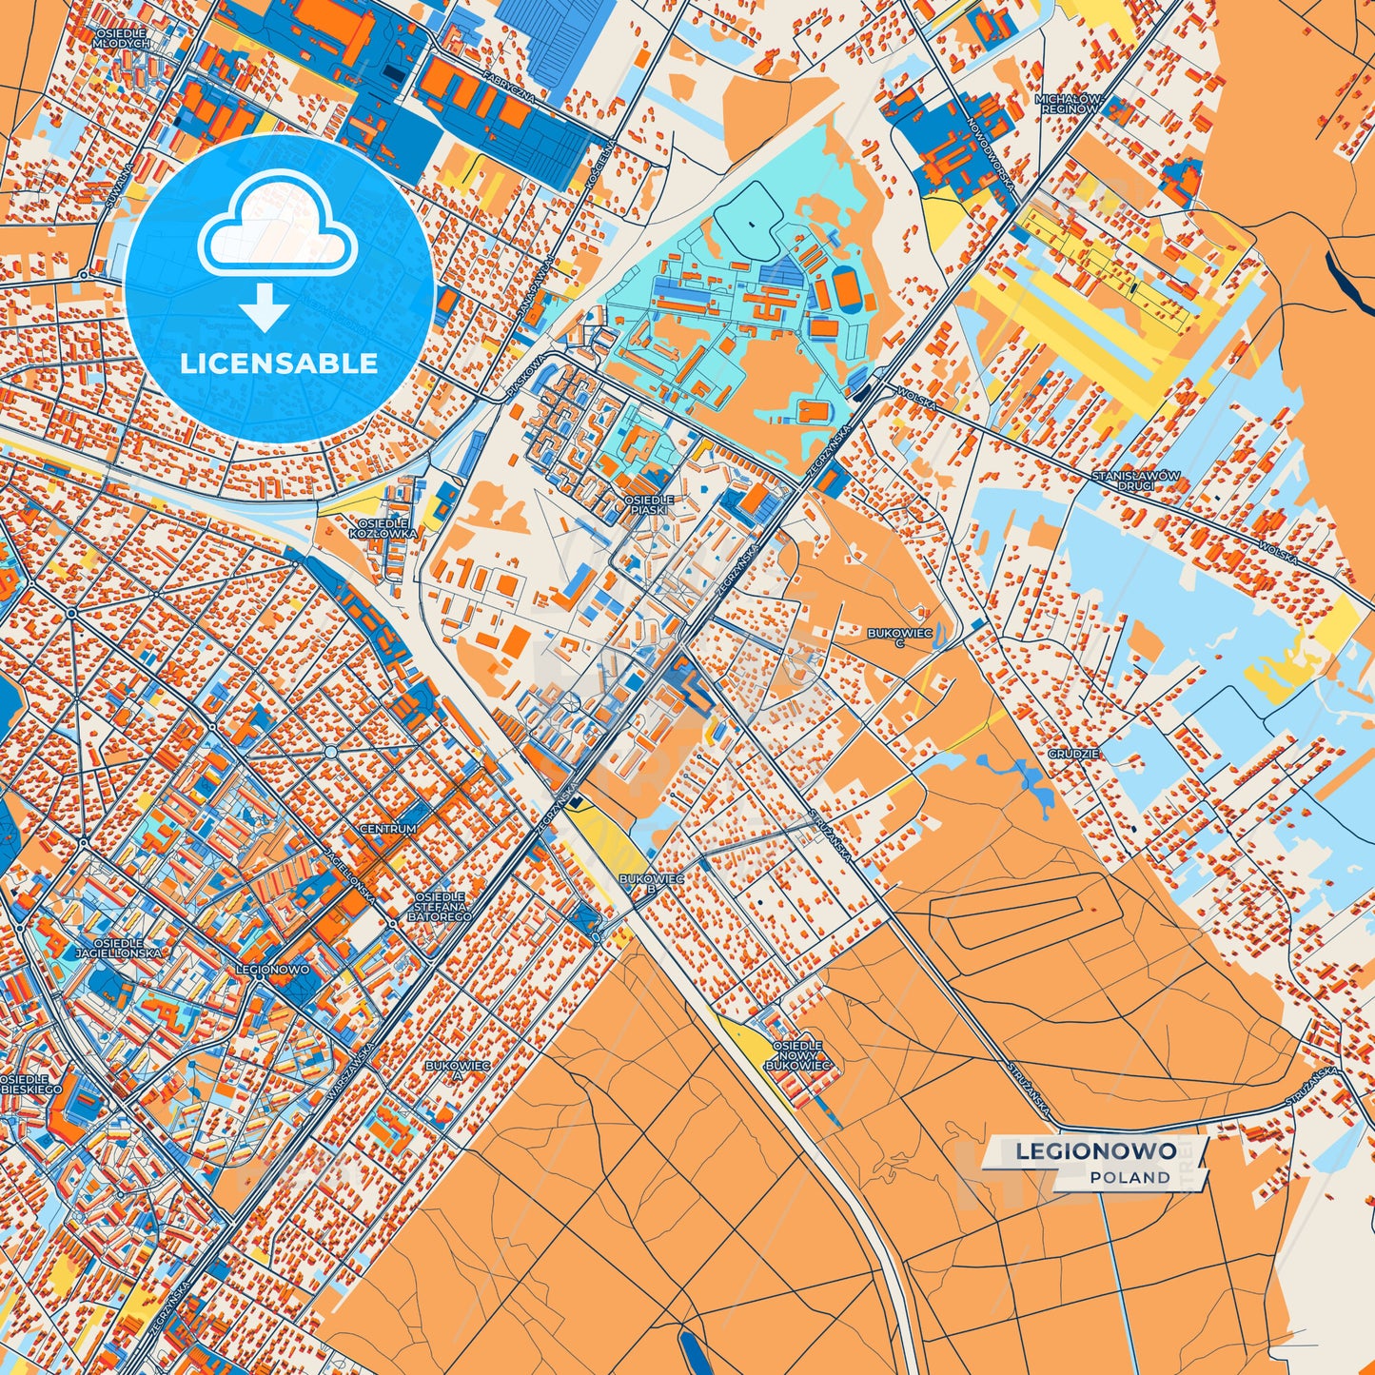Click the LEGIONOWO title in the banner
1095,1151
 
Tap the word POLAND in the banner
1130,1178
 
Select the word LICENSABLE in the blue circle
279,363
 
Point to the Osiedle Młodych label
123,38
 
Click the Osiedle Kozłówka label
383,529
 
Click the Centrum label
388,829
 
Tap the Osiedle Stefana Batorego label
440,907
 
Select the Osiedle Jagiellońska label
120,947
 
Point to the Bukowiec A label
458,1071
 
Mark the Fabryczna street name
509,87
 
